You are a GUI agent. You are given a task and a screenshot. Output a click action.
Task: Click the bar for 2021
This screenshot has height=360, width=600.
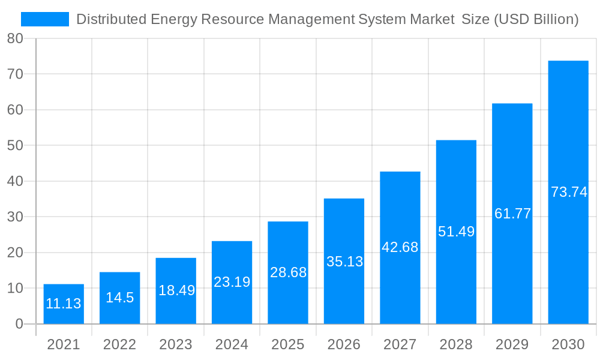coord(64,304)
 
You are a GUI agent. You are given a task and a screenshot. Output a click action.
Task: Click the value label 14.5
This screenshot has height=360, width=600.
coord(120,298)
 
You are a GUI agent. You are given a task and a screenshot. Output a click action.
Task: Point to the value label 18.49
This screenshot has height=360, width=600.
coord(176,290)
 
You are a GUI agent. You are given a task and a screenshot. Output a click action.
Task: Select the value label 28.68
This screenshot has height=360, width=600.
coord(288,272)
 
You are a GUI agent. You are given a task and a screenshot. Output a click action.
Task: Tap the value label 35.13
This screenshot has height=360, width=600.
coord(344,262)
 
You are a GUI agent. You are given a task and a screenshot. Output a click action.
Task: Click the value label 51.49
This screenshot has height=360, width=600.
coord(456,232)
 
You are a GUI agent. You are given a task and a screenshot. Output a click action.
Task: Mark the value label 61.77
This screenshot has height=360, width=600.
coord(512,214)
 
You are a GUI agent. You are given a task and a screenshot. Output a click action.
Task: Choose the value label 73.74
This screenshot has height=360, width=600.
coord(569,193)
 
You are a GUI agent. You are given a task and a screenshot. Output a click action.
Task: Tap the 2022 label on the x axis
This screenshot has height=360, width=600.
coord(120,344)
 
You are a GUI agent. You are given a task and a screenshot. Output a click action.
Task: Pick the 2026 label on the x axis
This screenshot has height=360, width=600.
coord(344,344)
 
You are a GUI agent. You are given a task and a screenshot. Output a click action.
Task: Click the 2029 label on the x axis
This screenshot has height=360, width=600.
coord(512,344)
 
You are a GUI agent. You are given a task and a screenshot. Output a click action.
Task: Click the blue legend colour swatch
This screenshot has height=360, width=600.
coord(45,20)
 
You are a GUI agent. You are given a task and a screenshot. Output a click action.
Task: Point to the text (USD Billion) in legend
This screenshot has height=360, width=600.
coord(536,20)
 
